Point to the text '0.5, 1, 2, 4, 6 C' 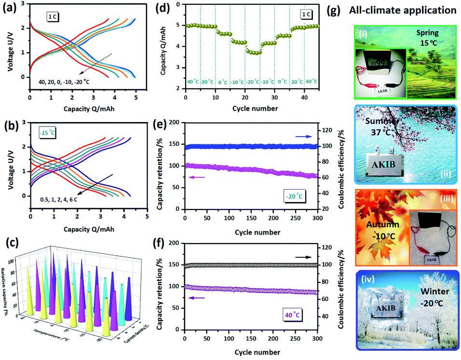[x=63, y=198]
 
